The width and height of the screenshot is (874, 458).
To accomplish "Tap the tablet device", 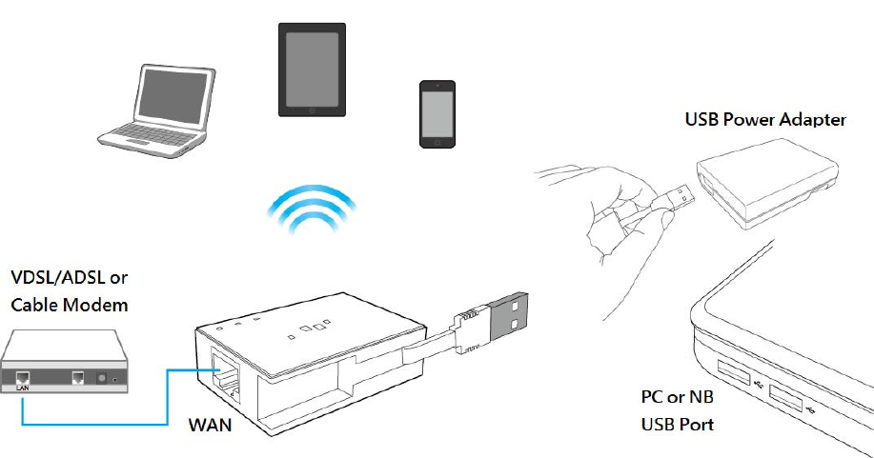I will pyautogui.click(x=312, y=70).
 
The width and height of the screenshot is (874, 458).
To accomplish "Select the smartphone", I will pyautogui.click(x=437, y=113).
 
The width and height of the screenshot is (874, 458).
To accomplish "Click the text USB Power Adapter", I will pyautogui.click(x=765, y=120).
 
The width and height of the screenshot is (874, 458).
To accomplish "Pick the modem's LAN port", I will pyautogui.click(x=22, y=378).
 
